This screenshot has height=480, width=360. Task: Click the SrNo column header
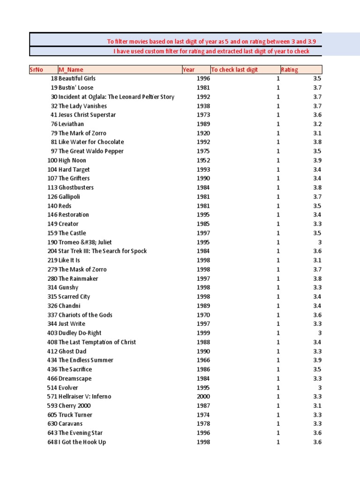(37, 70)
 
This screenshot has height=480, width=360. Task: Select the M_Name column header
(71, 70)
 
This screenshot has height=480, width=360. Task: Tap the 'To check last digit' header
(234, 70)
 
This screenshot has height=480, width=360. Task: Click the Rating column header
(289, 70)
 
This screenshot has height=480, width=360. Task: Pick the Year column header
(188, 70)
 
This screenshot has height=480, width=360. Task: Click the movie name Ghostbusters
(76, 187)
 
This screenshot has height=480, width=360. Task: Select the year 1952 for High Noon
(203, 160)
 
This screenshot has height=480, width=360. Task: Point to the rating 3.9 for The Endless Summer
(317, 360)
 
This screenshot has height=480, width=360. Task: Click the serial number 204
(52, 251)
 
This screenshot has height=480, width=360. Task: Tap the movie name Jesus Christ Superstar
(87, 115)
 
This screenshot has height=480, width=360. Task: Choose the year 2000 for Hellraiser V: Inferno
(203, 397)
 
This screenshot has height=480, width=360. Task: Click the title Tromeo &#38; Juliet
(85, 242)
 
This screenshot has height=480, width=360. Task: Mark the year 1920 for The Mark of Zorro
(203, 133)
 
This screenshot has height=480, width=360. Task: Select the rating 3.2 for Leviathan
(317, 124)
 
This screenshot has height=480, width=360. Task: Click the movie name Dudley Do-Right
(80, 333)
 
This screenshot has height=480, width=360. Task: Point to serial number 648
(52, 442)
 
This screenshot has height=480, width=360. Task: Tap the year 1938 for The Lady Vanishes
(203, 106)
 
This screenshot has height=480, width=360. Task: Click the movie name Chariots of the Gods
(85, 315)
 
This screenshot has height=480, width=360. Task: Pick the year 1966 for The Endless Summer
(203, 360)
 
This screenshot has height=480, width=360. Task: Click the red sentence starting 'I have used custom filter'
(211, 51)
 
